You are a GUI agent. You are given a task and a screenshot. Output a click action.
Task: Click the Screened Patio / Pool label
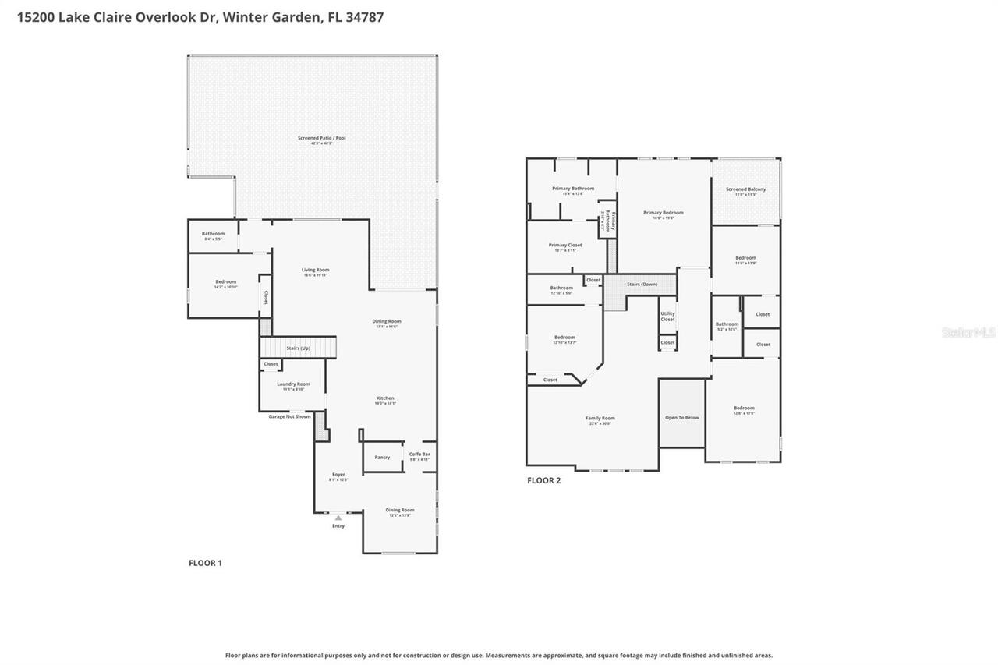click(321, 138)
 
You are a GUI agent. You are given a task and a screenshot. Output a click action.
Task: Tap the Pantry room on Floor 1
click(382, 457)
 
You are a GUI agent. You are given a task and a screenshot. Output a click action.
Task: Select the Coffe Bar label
click(420, 455)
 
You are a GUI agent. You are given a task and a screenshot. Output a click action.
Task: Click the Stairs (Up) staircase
click(298, 348)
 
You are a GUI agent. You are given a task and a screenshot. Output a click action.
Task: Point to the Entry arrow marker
click(338, 518)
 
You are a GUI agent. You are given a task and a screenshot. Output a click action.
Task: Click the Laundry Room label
click(293, 384)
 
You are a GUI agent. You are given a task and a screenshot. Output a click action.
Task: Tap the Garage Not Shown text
click(289, 416)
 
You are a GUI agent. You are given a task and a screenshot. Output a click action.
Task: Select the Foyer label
click(338, 474)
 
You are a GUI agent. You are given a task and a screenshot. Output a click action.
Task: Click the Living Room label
click(316, 270)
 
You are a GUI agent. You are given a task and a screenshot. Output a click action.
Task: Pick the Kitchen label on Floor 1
click(385, 398)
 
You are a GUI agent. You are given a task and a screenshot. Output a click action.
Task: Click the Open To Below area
click(681, 417)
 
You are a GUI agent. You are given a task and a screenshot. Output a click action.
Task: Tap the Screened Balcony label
click(745, 189)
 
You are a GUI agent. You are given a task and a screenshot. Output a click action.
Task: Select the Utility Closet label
click(667, 316)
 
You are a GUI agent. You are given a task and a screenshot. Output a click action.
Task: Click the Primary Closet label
click(565, 245)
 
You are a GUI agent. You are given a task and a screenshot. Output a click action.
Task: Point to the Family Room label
click(600, 418)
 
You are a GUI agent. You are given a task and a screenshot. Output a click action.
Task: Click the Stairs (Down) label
click(642, 284)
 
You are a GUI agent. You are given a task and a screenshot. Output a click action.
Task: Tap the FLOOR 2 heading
click(543, 480)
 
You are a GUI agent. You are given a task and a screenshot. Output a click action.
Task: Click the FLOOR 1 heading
click(205, 563)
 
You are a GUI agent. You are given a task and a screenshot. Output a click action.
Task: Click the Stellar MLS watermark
click(968, 332)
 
